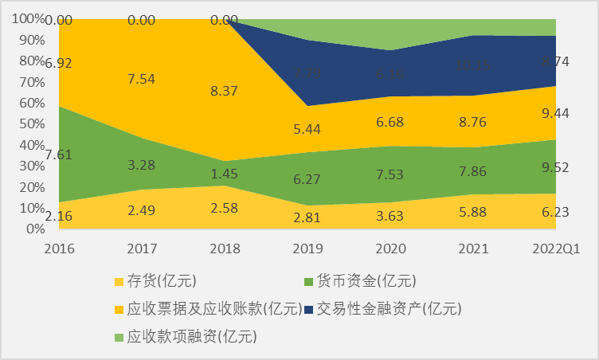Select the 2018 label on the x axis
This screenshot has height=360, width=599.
click(225, 248)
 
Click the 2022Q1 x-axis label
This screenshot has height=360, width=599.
click(554, 248)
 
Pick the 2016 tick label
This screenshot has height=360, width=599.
click(59, 248)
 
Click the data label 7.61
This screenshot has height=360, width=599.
click(59, 155)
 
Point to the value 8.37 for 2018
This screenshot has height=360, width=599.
click(225, 92)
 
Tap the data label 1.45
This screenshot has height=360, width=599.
click(225, 174)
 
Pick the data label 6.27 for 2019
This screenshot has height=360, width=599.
click(307, 180)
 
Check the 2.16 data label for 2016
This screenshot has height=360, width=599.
click(59, 215)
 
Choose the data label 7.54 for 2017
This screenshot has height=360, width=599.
click(142, 80)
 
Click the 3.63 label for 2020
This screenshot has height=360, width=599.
click(390, 215)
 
